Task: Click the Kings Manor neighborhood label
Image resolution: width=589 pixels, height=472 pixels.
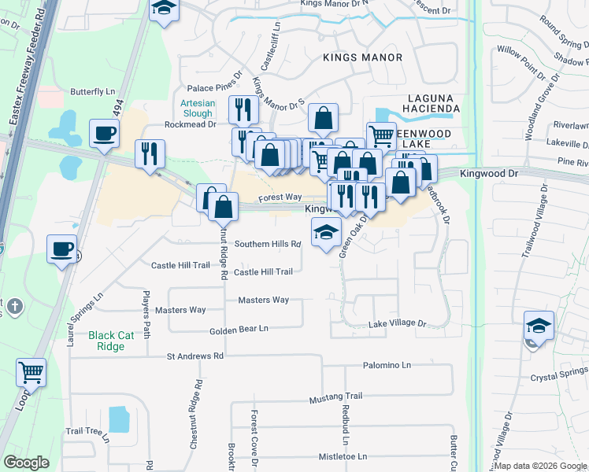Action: coord(363,57)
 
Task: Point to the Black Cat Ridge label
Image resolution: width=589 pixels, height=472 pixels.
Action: coord(106,341)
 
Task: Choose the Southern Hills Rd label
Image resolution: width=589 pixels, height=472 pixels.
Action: coord(267,244)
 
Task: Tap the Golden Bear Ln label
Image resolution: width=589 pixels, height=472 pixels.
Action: coord(239,329)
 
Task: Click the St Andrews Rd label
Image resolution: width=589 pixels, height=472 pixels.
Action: coord(195,356)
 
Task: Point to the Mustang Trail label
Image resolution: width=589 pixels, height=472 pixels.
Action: coord(335,396)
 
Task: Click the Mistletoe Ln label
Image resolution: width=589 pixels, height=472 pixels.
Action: coord(343,456)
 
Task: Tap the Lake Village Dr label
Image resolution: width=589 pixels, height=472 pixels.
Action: coord(397,323)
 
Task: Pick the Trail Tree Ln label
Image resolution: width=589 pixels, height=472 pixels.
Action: coord(86,431)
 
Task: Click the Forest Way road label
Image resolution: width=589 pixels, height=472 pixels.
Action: coord(280,197)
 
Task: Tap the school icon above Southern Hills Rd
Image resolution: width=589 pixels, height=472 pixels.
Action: coord(324,232)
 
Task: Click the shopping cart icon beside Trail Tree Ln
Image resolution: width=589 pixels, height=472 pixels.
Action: coord(31,372)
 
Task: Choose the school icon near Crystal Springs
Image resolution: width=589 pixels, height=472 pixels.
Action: coord(539,325)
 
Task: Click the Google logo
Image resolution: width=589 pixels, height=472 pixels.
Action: coord(26,463)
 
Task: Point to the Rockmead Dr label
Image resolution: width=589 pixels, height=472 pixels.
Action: coord(190,124)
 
